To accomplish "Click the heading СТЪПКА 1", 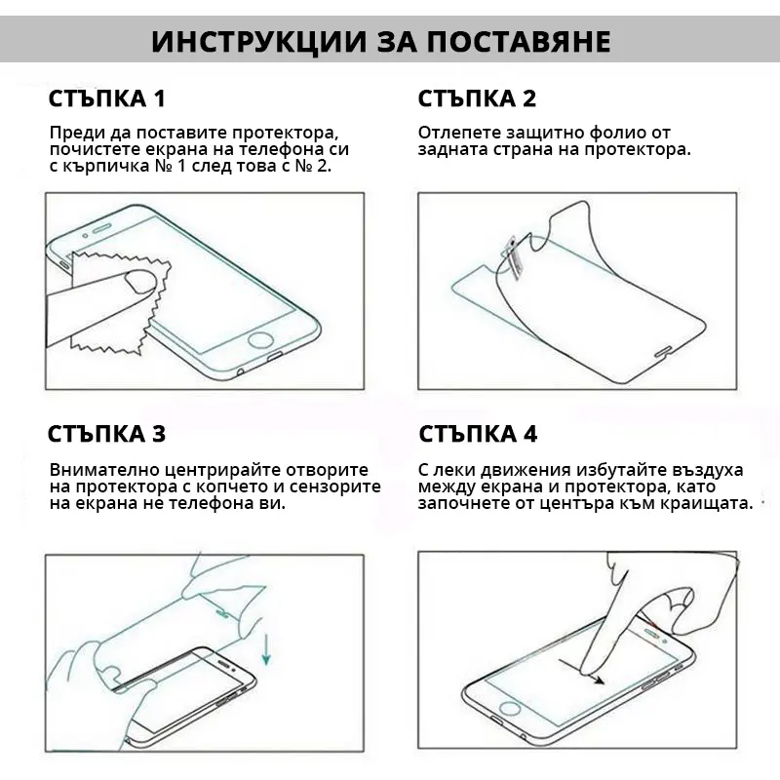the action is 106,98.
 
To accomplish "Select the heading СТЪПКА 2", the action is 477,98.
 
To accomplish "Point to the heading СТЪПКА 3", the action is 106,434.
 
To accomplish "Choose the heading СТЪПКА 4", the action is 478,434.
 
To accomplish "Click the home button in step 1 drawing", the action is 261,340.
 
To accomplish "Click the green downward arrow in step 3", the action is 266,648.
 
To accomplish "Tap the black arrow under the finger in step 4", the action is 581,672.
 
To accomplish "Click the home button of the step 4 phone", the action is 509,709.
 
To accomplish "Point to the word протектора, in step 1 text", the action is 285,134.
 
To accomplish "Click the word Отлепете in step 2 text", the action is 459,133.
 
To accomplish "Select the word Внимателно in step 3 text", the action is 104,470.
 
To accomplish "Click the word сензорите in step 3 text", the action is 335,487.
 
